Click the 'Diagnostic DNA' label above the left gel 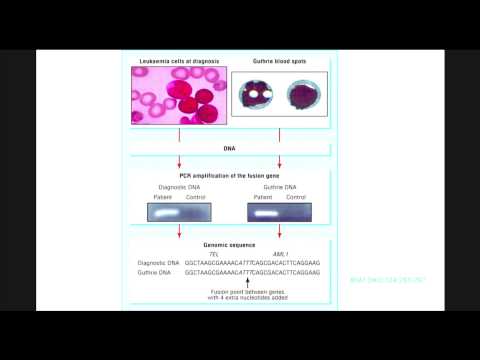click(x=179, y=187)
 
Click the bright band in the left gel click(x=166, y=212)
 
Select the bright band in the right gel click(x=265, y=212)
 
